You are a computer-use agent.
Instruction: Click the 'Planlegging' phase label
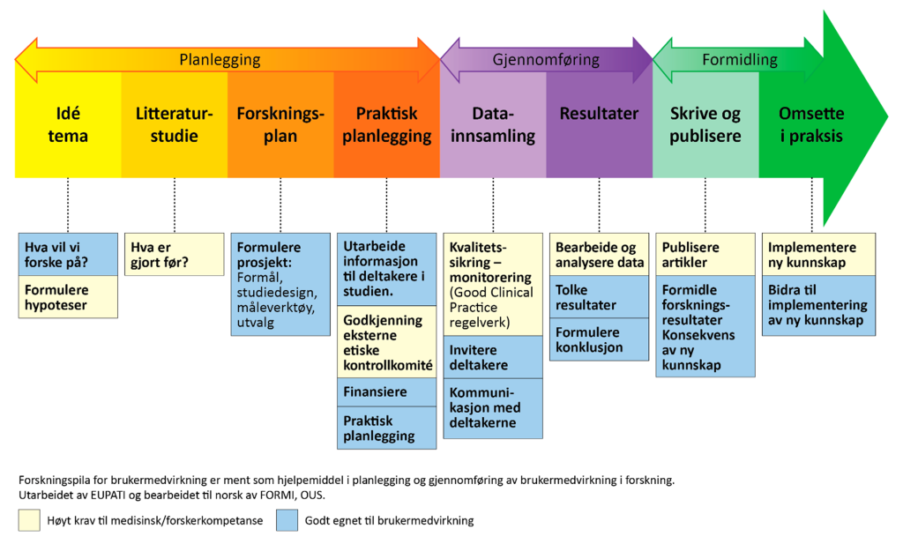pyautogui.click(x=220, y=60)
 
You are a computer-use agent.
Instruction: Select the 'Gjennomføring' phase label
pyautogui.click(x=545, y=60)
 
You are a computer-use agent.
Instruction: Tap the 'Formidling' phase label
pyautogui.click(x=739, y=60)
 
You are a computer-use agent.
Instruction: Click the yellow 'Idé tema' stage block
pyautogui.click(x=68, y=125)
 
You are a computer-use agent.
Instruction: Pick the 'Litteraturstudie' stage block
pyautogui.click(x=174, y=125)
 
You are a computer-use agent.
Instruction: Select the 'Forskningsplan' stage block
pyautogui.click(x=280, y=125)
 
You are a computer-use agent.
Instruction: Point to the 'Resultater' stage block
pyautogui.click(x=599, y=115)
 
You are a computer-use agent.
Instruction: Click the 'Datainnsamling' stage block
pyautogui.click(x=492, y=125)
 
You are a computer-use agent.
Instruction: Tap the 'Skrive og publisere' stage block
pyautogui.click(x=705, y=125)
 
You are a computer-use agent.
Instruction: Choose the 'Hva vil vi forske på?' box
pyautogui.click(x=68, y=254)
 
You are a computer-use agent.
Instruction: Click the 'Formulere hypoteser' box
pyautogui.click(x=68, y=296)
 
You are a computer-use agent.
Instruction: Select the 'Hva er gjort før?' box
pyautogui.click(x=174, y=254)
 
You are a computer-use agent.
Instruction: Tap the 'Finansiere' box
pyautogui.click(x=386, y=391)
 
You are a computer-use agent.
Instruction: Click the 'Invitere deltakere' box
pyautogui.click(x=492, y=357)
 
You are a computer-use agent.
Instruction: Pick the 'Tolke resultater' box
pyautogui.click(x=599, y=297)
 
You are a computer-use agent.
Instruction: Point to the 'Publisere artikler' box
pyautogui.click(x=705, y=254)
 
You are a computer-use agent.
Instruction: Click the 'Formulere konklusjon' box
pyautogui.click(x=599, y=339)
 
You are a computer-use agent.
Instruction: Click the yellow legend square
pyautogui.click(x=29, y=520)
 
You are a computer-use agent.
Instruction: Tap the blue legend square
pyautogui.click(x=287, y=520)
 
